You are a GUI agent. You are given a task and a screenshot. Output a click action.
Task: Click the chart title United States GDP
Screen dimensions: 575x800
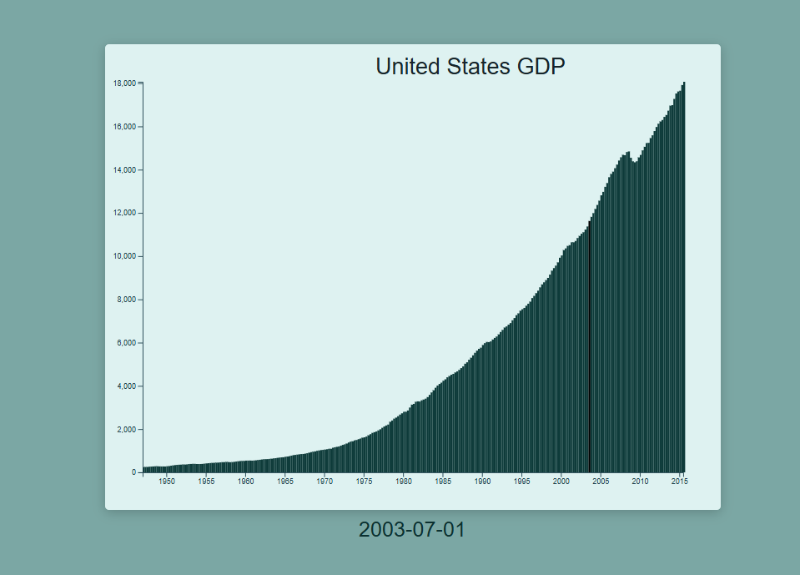(470, 66)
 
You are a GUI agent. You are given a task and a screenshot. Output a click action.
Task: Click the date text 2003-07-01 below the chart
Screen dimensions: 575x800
(412, 529)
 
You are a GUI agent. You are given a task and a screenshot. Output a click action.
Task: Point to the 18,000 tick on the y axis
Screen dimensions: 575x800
(125, 83)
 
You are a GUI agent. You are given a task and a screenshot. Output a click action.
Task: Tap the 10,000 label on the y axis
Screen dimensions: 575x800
(125, 256)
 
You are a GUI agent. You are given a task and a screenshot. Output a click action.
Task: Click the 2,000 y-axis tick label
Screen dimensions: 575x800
(127, 430)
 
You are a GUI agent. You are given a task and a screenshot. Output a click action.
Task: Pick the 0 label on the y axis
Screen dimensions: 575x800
(133, 472)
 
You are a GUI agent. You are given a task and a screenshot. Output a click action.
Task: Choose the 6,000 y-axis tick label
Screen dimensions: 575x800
(127, 343)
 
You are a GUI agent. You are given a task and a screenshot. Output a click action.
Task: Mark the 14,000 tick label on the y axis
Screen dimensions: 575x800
(125, 170)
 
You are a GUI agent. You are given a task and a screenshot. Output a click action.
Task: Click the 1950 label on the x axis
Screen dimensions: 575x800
(167, 482)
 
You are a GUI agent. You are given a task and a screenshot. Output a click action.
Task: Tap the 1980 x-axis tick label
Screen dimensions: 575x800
(404, 482)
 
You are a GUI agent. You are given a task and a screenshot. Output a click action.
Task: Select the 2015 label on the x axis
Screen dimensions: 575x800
(680, 482)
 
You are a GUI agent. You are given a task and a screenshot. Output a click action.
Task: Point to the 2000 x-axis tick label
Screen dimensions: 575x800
(561, 482)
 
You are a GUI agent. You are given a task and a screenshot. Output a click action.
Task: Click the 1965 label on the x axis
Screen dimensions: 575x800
(285, 482)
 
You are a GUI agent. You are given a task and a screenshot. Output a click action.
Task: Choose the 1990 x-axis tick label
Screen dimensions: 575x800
(482, 482)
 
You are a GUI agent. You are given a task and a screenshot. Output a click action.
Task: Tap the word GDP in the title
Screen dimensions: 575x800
(541, 66)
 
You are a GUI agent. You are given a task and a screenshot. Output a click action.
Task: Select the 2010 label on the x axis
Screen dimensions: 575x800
(640, 482)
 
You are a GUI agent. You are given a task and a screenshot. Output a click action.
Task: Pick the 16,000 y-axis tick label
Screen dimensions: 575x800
(125, 127)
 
